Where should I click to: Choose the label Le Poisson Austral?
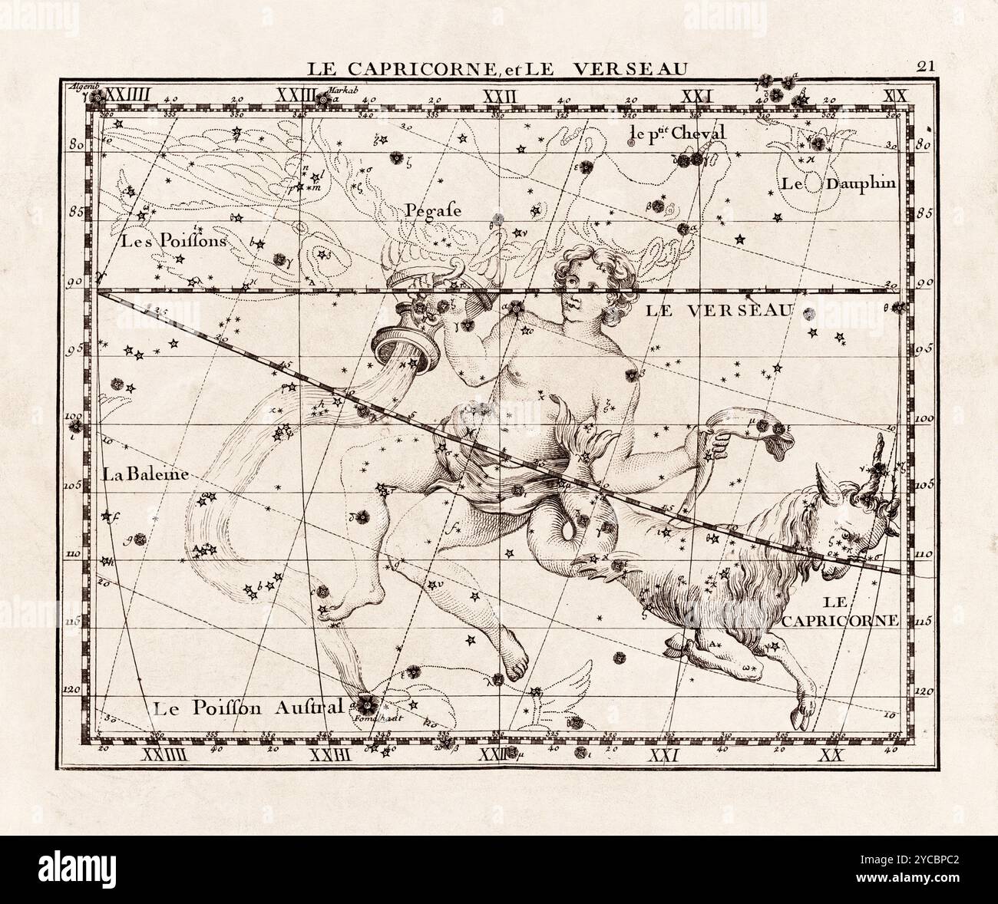[246, 708]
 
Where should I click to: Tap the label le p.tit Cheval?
[676, 133]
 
